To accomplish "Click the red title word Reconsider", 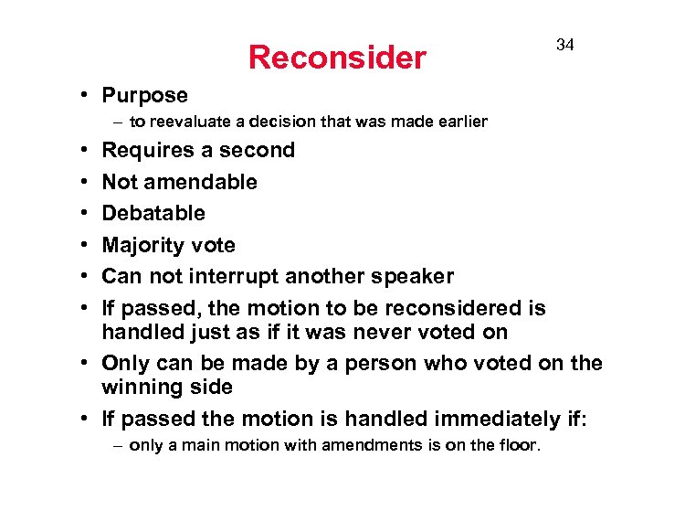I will pos(337,58).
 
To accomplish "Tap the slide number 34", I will pos(565,45).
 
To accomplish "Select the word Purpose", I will pos(144,95).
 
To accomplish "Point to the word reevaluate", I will pos(194,122).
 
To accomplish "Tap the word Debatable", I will pos(153,213).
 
